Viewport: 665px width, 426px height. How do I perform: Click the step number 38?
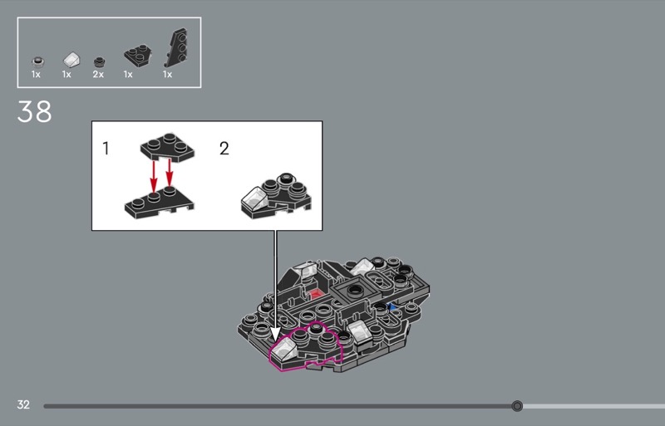click(34, 111)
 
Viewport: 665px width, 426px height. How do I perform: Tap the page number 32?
click(23, 404)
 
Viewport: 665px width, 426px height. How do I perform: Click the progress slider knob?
click(516, 406)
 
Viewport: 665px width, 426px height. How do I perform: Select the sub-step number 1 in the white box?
click(106, 149)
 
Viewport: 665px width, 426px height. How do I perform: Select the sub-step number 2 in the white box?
click(224, 149)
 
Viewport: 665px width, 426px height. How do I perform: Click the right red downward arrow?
click(170, 173)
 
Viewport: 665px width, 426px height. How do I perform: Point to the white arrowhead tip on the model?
click(275, 340)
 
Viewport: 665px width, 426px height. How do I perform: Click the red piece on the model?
click(315, 294)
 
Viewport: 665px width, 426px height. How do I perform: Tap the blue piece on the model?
click(392, 306)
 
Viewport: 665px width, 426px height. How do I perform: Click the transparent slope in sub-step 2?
click(255, 198)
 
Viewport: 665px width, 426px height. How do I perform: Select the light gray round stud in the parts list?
click(37, 62)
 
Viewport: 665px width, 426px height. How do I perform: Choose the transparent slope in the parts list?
click(71, 60)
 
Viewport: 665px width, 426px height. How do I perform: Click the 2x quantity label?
click(98, 75)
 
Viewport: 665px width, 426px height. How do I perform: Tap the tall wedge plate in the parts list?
click(177, 48)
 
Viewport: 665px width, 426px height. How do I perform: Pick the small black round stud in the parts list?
click(99, 62)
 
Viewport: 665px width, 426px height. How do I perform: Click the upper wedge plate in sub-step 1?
click(168, 147)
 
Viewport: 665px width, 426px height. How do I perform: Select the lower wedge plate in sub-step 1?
click(159, 203)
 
